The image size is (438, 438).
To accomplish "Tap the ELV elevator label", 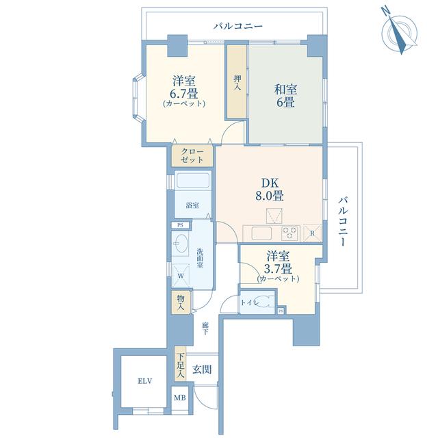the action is pos(144,381).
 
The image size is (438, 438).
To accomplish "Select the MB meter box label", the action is pos(179,397).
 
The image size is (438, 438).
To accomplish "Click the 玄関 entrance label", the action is pos(202,370).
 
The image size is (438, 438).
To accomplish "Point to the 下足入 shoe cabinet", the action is pos(181,365).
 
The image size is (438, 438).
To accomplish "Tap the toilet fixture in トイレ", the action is pos(264,302).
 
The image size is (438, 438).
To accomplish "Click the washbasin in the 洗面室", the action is pos(181,244).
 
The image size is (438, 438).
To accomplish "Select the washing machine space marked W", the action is pos(181,276).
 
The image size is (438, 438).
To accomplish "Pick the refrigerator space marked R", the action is pos(312,233).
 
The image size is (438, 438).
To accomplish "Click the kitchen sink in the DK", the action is pos(261,233).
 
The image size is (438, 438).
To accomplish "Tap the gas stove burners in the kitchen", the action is pos(289,233).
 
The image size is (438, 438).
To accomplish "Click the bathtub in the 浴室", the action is pos(192,181).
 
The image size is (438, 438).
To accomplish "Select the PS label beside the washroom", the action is pos(181,225).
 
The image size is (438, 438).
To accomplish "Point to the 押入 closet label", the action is pos(237,83).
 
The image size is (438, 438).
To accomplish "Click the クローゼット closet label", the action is pos(192,156).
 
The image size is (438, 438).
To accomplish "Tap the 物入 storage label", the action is pos(181,302).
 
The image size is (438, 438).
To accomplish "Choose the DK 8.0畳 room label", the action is pos(270,190).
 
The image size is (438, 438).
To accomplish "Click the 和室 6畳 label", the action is pos(285,96).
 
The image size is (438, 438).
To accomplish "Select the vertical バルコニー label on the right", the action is pos(344,222).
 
